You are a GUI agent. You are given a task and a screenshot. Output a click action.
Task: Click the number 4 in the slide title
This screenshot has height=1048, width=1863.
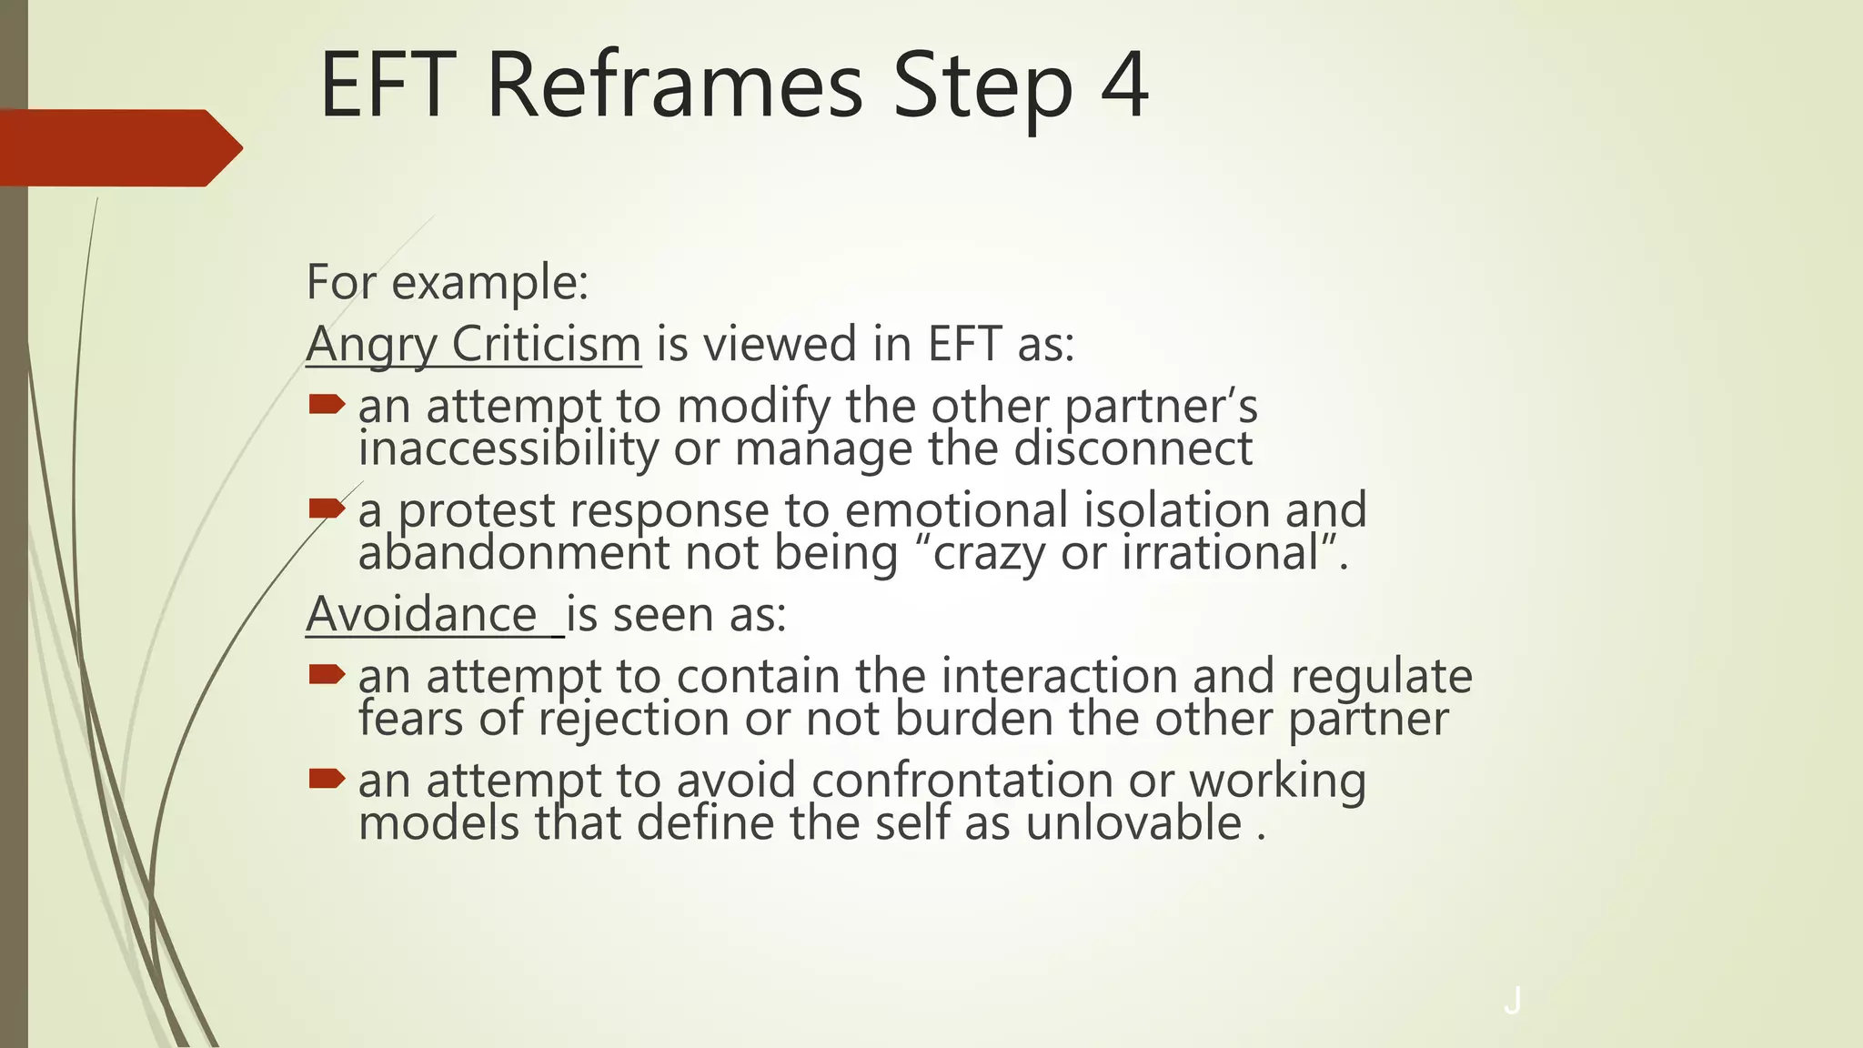(x=1124, y=85)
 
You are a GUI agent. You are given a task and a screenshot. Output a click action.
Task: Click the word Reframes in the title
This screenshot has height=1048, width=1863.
(x=674, y=85)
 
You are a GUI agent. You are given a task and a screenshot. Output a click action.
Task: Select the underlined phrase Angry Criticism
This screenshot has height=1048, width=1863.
(x=473, y=345)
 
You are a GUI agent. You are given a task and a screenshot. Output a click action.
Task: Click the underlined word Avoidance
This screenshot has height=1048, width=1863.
(x=422, y=615)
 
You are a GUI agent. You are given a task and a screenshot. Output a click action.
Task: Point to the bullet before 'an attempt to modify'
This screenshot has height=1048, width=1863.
(x=327, y=404)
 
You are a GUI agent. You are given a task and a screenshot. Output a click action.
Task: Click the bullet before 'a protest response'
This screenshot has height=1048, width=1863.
(x=327, y=508)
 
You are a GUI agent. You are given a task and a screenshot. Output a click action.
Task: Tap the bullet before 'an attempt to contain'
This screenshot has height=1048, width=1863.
(x=327, y=674)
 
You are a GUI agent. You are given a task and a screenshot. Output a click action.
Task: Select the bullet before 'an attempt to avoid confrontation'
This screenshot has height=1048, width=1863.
(x=327, y=778)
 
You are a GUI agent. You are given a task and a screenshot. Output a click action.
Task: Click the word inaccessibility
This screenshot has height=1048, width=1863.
(x=508, y=448)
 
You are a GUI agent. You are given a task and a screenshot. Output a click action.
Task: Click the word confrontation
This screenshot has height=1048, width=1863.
(x=962, y=781)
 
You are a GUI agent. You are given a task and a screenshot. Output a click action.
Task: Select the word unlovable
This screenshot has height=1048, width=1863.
(x=1133, y=822)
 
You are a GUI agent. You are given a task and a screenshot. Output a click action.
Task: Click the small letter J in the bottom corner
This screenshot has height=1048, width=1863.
(x=1512, y=1001)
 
